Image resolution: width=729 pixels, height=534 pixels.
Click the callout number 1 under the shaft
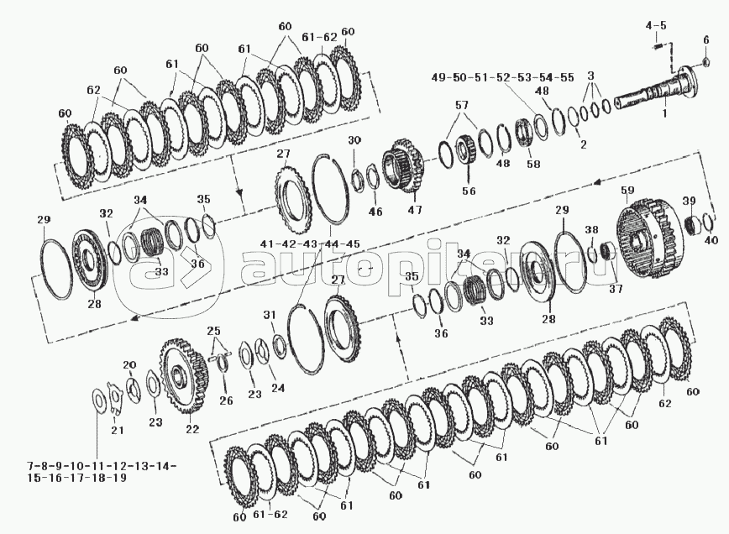664,113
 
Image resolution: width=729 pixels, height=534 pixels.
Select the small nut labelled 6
705,61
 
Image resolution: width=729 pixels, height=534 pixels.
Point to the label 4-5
656,25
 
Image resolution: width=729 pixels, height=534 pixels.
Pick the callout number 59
628,190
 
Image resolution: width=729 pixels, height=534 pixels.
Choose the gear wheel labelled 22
182,376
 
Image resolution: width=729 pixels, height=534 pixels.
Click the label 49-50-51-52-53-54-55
502,77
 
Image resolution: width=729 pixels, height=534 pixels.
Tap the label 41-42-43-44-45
310,244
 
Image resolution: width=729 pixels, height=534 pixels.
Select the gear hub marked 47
402,166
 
